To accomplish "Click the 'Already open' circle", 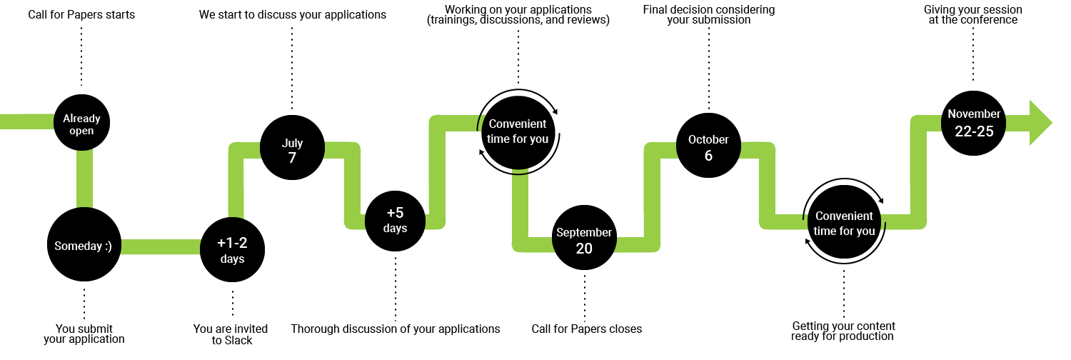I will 81,124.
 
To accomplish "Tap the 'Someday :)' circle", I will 84,245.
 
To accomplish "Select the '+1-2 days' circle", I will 232,250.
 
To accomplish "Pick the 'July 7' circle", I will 292,149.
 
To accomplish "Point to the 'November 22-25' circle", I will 974,122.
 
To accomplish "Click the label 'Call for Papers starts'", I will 81,14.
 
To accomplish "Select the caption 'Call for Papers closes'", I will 586,329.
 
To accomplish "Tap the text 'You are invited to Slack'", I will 231,334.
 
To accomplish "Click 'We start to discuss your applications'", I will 293,14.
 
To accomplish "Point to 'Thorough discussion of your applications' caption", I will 395,329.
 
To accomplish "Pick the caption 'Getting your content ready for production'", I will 843,331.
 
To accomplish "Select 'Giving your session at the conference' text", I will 972,15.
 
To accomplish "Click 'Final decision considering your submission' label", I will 708,15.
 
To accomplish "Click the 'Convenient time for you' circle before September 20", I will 518,131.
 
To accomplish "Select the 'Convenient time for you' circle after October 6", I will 844,223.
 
